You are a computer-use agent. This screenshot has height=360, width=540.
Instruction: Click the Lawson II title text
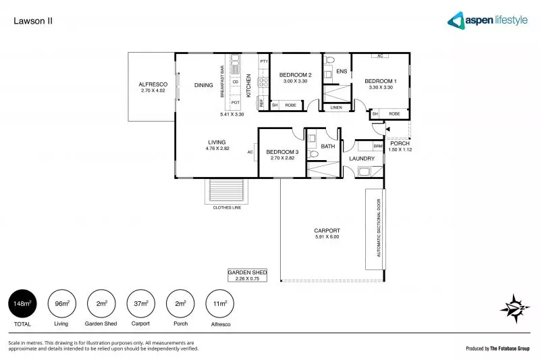tap(33, 21)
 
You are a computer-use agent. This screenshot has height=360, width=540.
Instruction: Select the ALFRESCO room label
tap(153, 84)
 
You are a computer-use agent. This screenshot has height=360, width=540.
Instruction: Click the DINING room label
tap(203, 85)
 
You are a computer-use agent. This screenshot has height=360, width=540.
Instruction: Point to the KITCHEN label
tap(248, 86)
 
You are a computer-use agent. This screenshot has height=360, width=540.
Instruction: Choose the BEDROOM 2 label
tap(295, 74)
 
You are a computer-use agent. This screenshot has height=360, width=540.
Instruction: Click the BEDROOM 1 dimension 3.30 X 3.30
tap(381, 87)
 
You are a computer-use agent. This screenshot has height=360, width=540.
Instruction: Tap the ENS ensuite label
tap(342, 71)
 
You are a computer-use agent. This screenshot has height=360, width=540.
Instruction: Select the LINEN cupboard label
tap(335, 107)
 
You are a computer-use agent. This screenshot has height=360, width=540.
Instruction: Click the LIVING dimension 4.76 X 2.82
tap(217, 148)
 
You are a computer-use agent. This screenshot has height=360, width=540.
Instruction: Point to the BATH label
tap(328, 146)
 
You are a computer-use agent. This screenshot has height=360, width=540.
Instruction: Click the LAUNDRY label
tap(362, 159)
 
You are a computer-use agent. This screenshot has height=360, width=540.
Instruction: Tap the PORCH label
tap(400, 143)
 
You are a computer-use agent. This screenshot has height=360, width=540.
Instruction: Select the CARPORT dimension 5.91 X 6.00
tap(327, 237)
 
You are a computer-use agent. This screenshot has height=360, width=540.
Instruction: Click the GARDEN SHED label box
tap(247, 275)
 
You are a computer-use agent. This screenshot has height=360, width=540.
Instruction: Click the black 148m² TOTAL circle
tap(22, 304)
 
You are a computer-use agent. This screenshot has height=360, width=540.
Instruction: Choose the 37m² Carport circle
tap(140, 304)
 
